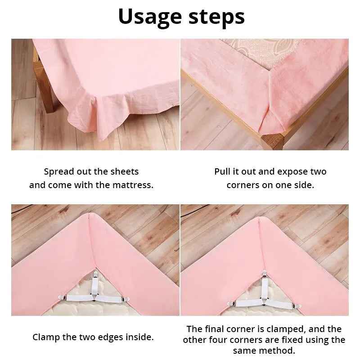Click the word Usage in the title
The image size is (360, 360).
coord(148,17)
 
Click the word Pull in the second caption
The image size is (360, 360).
coord(223,171)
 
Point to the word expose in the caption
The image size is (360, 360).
coord(294,171)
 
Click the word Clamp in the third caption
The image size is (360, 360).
coord(46,337)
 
